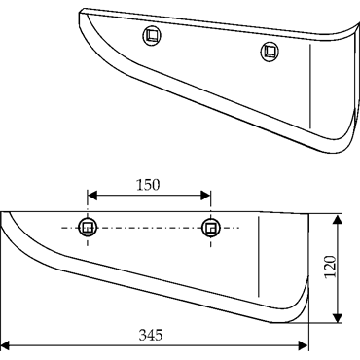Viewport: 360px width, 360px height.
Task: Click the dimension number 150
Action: click(148, 185)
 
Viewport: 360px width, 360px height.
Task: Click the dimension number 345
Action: click(151, 335)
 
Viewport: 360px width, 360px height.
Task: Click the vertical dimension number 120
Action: click(330, 267)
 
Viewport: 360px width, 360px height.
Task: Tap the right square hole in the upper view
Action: click(270, 52)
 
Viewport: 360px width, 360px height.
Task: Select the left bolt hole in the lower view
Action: click(88, 228)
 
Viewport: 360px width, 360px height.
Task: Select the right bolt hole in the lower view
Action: click(211, 228)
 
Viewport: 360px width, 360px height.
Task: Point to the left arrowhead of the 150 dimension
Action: click(92, 196)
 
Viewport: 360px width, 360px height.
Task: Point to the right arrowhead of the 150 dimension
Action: click(206, 196)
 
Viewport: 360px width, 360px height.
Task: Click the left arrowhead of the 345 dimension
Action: click(7, 345)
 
